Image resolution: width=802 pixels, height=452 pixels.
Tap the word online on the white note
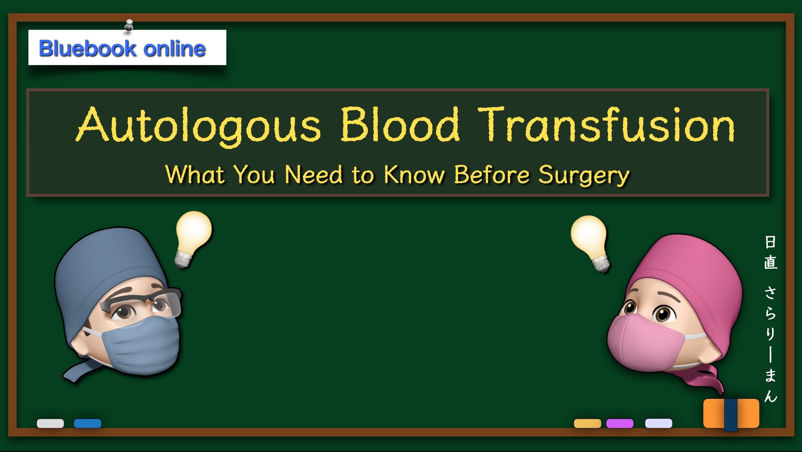[x=174, y=48]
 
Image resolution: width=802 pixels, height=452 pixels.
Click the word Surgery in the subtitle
[x=584, y=175]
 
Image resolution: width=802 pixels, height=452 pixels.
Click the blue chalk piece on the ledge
[x=88, y=423]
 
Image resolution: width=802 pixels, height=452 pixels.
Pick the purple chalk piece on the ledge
[x=619, y=423]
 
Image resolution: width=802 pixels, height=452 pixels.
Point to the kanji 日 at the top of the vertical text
[x=770, y=242]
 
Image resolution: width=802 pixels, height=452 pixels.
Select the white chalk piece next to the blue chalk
[x=51, y=423]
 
